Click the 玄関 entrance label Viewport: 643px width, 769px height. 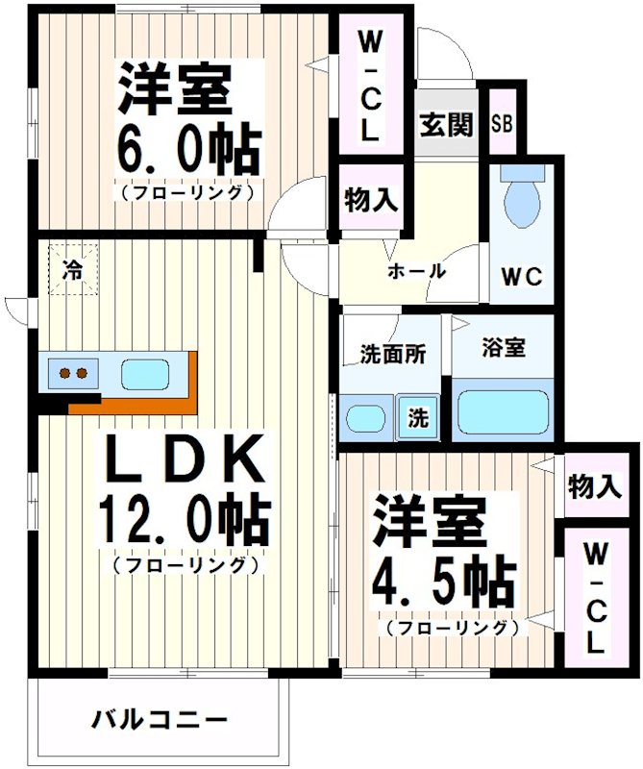tap(447, 124)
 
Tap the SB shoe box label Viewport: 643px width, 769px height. tap(502, 124)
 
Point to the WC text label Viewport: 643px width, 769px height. tap(522, 276)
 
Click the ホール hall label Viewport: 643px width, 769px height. tap(416, 271)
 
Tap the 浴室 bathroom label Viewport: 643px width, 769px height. tap(504, 348)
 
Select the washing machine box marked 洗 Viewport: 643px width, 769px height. tap(418, 419)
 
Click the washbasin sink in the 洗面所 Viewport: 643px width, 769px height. tap(366, 419)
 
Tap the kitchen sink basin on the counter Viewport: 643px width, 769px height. tap(142, 371)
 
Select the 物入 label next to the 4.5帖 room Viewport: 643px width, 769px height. tap(593, 487)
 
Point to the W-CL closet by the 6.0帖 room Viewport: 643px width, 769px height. tap(368, 87)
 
